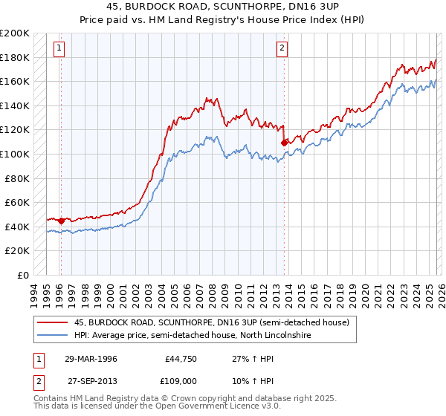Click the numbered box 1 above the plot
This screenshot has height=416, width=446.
pos(59,49)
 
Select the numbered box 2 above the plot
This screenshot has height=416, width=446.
pos(282,49)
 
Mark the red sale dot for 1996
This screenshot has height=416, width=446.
pos(61,221)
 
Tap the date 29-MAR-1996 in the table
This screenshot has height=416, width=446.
pos(91,359)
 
